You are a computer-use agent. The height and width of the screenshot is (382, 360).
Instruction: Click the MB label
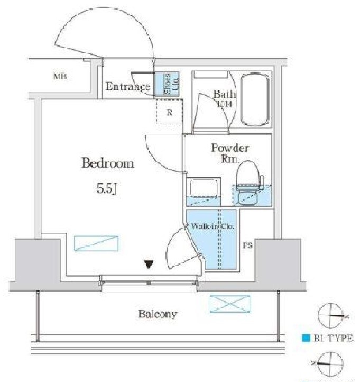[59, 77]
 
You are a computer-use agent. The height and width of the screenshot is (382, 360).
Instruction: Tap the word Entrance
[128, 87]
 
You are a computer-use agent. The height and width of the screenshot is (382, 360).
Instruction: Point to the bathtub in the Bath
[255, 99]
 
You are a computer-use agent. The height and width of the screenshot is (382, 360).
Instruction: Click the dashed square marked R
[169, 112]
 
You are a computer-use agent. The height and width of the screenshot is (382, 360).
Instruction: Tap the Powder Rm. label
[230, 153]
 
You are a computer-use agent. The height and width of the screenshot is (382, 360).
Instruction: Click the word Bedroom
[107, 163]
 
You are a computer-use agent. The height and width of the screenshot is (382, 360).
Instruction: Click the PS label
[247, 245]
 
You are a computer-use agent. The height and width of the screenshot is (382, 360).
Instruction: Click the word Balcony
[158, 314]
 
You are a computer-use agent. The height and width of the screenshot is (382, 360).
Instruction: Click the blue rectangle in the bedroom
[96, 243]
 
